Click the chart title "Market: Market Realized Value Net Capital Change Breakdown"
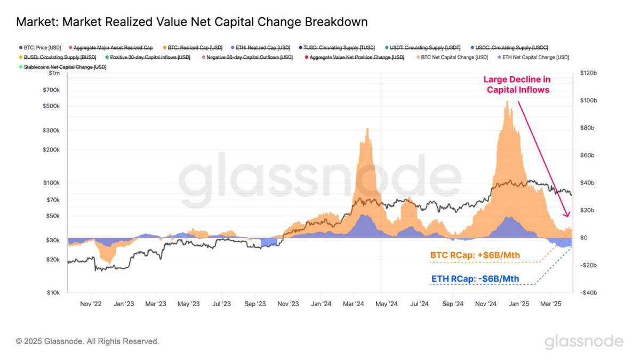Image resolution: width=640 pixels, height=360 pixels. coord(191,22)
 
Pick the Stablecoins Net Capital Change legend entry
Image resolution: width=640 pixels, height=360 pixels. coord(64,67)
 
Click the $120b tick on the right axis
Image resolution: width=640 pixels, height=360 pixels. coord(586,73)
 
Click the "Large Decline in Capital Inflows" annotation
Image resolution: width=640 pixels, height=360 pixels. coord(517,85)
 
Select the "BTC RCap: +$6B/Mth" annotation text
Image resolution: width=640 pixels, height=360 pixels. coord(475,255)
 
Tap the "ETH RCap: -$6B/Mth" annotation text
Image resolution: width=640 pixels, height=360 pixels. coord(475,279)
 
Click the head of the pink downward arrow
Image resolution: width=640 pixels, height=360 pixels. coord(567,215)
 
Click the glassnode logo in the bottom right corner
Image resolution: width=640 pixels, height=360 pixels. coord(583,341)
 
